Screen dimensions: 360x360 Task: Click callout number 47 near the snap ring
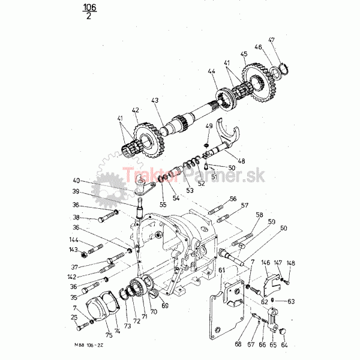coord(271,40)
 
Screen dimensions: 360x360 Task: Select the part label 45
coord(244,54)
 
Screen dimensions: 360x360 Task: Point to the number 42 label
coord(136,110)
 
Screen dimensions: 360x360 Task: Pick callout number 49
coord(209,126)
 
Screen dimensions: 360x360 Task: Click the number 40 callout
coord(76,181)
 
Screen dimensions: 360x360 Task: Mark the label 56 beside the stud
coord(233,199)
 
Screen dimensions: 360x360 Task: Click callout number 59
coord(271,222)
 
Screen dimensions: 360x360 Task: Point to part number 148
coord(290,262)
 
